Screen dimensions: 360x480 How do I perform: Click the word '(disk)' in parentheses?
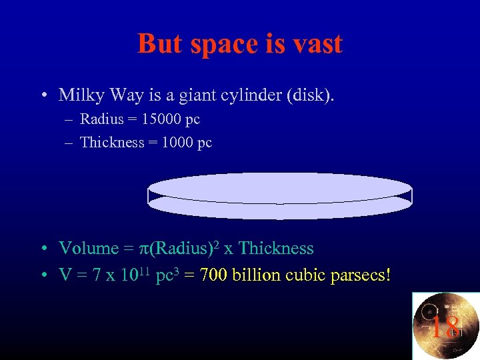(310, 95)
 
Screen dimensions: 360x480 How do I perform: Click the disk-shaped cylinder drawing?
(280, 195)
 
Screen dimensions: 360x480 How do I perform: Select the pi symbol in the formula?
(143, 249)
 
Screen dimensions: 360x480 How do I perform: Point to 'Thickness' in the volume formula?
(275, 249)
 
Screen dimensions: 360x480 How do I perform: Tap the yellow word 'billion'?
(255, 275)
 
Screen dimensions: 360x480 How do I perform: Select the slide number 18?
(445, 327)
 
